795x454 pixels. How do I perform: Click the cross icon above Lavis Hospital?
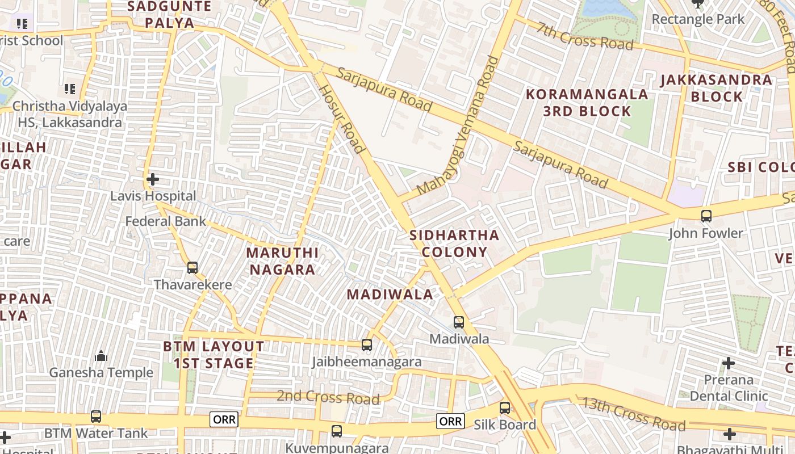click(x=152, y=180)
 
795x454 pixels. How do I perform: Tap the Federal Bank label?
click(x=165, y=221)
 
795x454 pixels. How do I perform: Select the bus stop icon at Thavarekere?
click(x=193, y=267)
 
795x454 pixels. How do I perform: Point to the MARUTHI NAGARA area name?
click(x=282, y=261)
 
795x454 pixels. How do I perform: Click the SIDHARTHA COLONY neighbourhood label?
click(x=454, y=243)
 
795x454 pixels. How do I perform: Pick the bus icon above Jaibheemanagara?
click(x=367, y=344)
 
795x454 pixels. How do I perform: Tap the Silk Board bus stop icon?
click(x=505, y=407)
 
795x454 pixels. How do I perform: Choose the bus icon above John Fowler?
click(x=706, y=216)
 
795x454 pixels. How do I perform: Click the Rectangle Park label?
click(x=698, y=19)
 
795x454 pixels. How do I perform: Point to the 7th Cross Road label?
click(x=585, y=36)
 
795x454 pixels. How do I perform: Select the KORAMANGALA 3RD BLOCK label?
click(x=587, y=103)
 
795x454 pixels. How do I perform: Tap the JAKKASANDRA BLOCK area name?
click(x=717, y=88)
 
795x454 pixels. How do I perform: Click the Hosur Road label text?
click(x=340, y=119)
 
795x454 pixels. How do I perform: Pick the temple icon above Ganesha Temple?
click(x=101, y=356)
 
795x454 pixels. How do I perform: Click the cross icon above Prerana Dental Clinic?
click(x=729, y=363)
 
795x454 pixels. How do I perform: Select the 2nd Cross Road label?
click(x=328, y=397)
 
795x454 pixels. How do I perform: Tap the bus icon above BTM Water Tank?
click(x=96, y=417)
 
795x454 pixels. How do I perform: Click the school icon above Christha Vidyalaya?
click(x=70, y=89)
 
